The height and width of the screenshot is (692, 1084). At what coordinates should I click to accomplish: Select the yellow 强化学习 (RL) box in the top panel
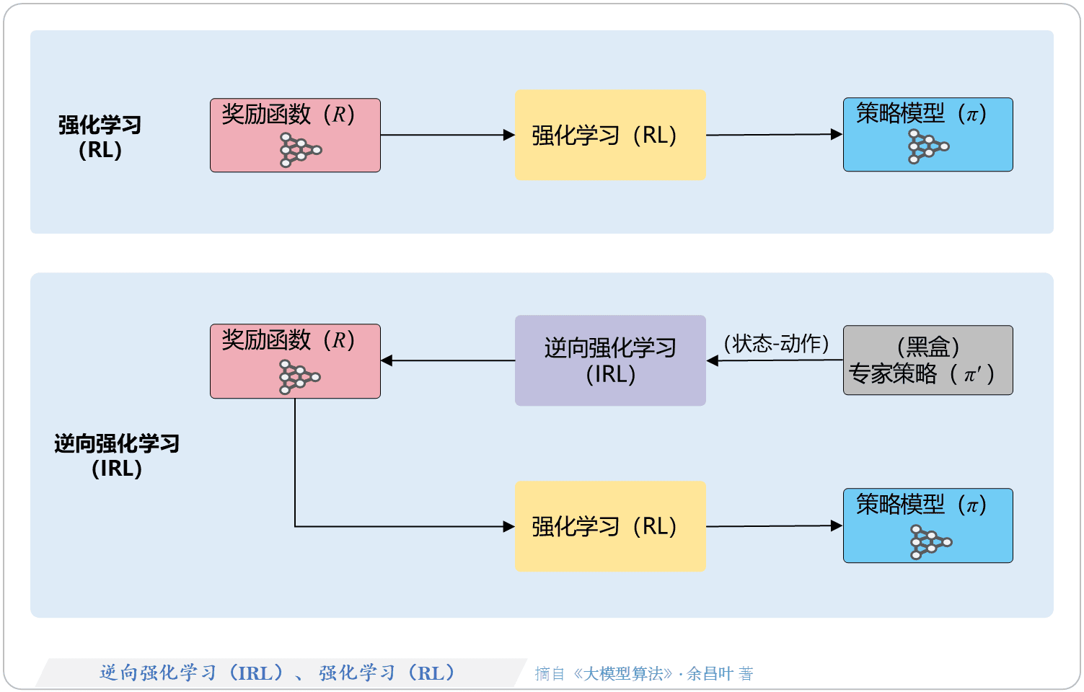pos(610,135)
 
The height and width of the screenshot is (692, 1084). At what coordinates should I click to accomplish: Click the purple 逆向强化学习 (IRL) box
pos(610,360)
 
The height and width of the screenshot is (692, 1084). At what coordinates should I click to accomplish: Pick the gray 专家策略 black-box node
pos(927,360)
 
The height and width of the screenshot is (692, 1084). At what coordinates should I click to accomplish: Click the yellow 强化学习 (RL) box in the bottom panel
pos(610,526)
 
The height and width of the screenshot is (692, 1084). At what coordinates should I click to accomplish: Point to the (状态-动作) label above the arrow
pos(776,343)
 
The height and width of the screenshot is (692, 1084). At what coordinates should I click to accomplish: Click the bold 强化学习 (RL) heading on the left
pos(100,137)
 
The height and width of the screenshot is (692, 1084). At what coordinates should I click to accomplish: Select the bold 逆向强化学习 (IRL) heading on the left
pos(117,456)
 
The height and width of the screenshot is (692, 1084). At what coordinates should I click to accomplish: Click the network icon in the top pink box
pos(299,150)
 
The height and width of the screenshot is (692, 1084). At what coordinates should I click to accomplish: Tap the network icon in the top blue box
pos(927,147)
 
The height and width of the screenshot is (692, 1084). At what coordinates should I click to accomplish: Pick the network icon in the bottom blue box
pos(930,542)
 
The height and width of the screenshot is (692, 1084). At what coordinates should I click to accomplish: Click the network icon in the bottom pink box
pos(299,377)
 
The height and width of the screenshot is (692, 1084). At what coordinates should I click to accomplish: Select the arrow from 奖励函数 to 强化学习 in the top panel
pos(447,135)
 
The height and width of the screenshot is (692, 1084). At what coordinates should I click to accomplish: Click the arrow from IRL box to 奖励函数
pos(447,360)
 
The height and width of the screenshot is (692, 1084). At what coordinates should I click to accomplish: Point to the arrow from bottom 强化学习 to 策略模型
pos(774,526)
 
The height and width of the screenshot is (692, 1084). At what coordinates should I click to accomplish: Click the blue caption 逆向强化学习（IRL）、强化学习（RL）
pos(278,673)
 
